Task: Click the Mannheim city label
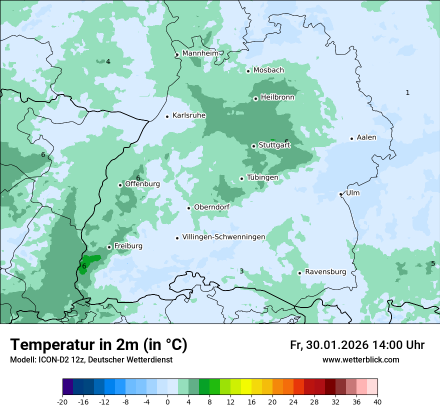(200, 53)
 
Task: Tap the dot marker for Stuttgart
(253, 146)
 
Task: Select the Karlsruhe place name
(189, 115)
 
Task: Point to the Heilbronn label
(277, 97)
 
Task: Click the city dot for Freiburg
(109, 247)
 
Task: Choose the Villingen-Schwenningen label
(223, 237)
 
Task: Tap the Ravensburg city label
(325, 272)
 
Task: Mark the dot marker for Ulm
(340, 194)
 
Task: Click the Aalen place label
(366, 137)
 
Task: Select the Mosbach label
(268, 70)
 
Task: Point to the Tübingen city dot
(241, 178)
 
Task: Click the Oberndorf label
(212, 207)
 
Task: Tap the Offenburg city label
(142, 184)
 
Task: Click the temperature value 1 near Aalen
(407, 92)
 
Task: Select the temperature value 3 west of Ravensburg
(241, 271)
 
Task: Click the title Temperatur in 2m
(98, 344)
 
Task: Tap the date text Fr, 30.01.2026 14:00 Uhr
(357, 345)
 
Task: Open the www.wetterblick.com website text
(360, 359)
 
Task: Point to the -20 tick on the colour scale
(62, 402)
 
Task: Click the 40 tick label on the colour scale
(377, 402)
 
